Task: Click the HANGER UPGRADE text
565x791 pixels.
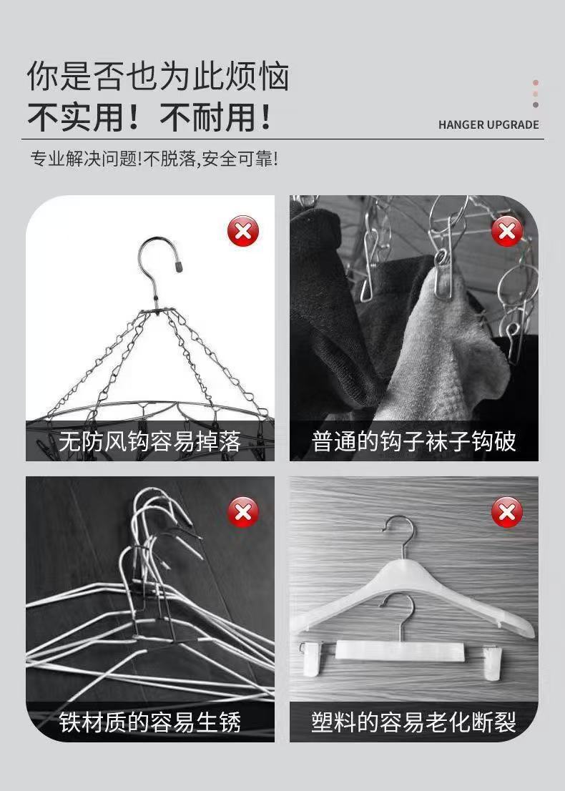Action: click(488, 124)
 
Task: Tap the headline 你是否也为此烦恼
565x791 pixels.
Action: click(158, 77)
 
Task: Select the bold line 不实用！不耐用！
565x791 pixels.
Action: click(149, 117)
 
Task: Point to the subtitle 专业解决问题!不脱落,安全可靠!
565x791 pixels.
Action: click(154, 159)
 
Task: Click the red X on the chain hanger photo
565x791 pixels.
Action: click(243, 231)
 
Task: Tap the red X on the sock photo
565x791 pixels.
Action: click(506, 231)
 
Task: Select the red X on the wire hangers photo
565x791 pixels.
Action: click(243, 512)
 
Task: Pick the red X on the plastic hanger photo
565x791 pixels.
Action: click(506, 512)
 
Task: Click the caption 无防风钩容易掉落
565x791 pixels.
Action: click(149, 441)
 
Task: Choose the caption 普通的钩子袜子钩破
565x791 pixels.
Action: click(413, 441)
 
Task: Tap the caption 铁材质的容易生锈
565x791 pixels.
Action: click(149, 722)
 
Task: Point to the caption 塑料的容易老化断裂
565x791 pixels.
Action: click(413, 722)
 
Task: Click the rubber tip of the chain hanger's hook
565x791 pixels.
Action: click(178, 265)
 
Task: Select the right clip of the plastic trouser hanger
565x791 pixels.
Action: click(492, 662)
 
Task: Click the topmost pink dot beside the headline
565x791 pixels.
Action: click(535, 83)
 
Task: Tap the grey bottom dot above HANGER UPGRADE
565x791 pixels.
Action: click(535, 105)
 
